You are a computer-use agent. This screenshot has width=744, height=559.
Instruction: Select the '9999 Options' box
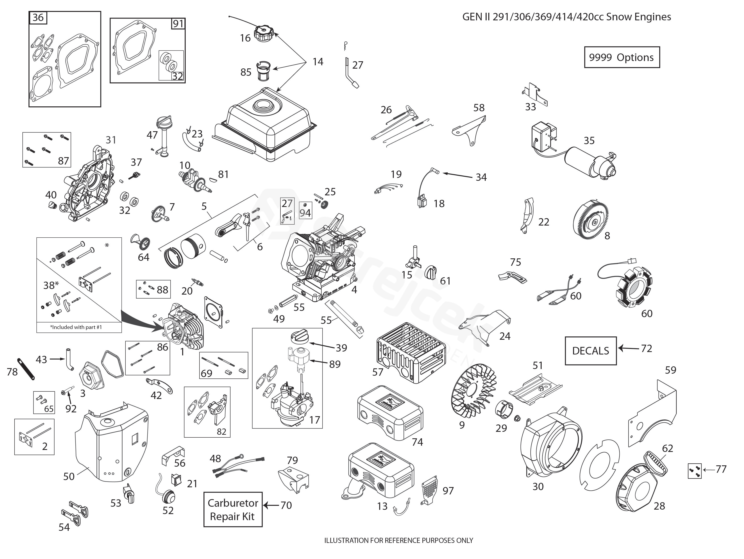pyautogui.click(x=622, y=57)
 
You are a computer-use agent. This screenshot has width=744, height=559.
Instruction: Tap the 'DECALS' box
pyautogui.click(x=590, y=351)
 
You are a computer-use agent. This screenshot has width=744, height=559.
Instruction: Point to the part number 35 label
pyautogui.click(x=589, y=141)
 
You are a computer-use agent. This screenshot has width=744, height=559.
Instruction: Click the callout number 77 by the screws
pyautogui.click(x=721, y=469)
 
